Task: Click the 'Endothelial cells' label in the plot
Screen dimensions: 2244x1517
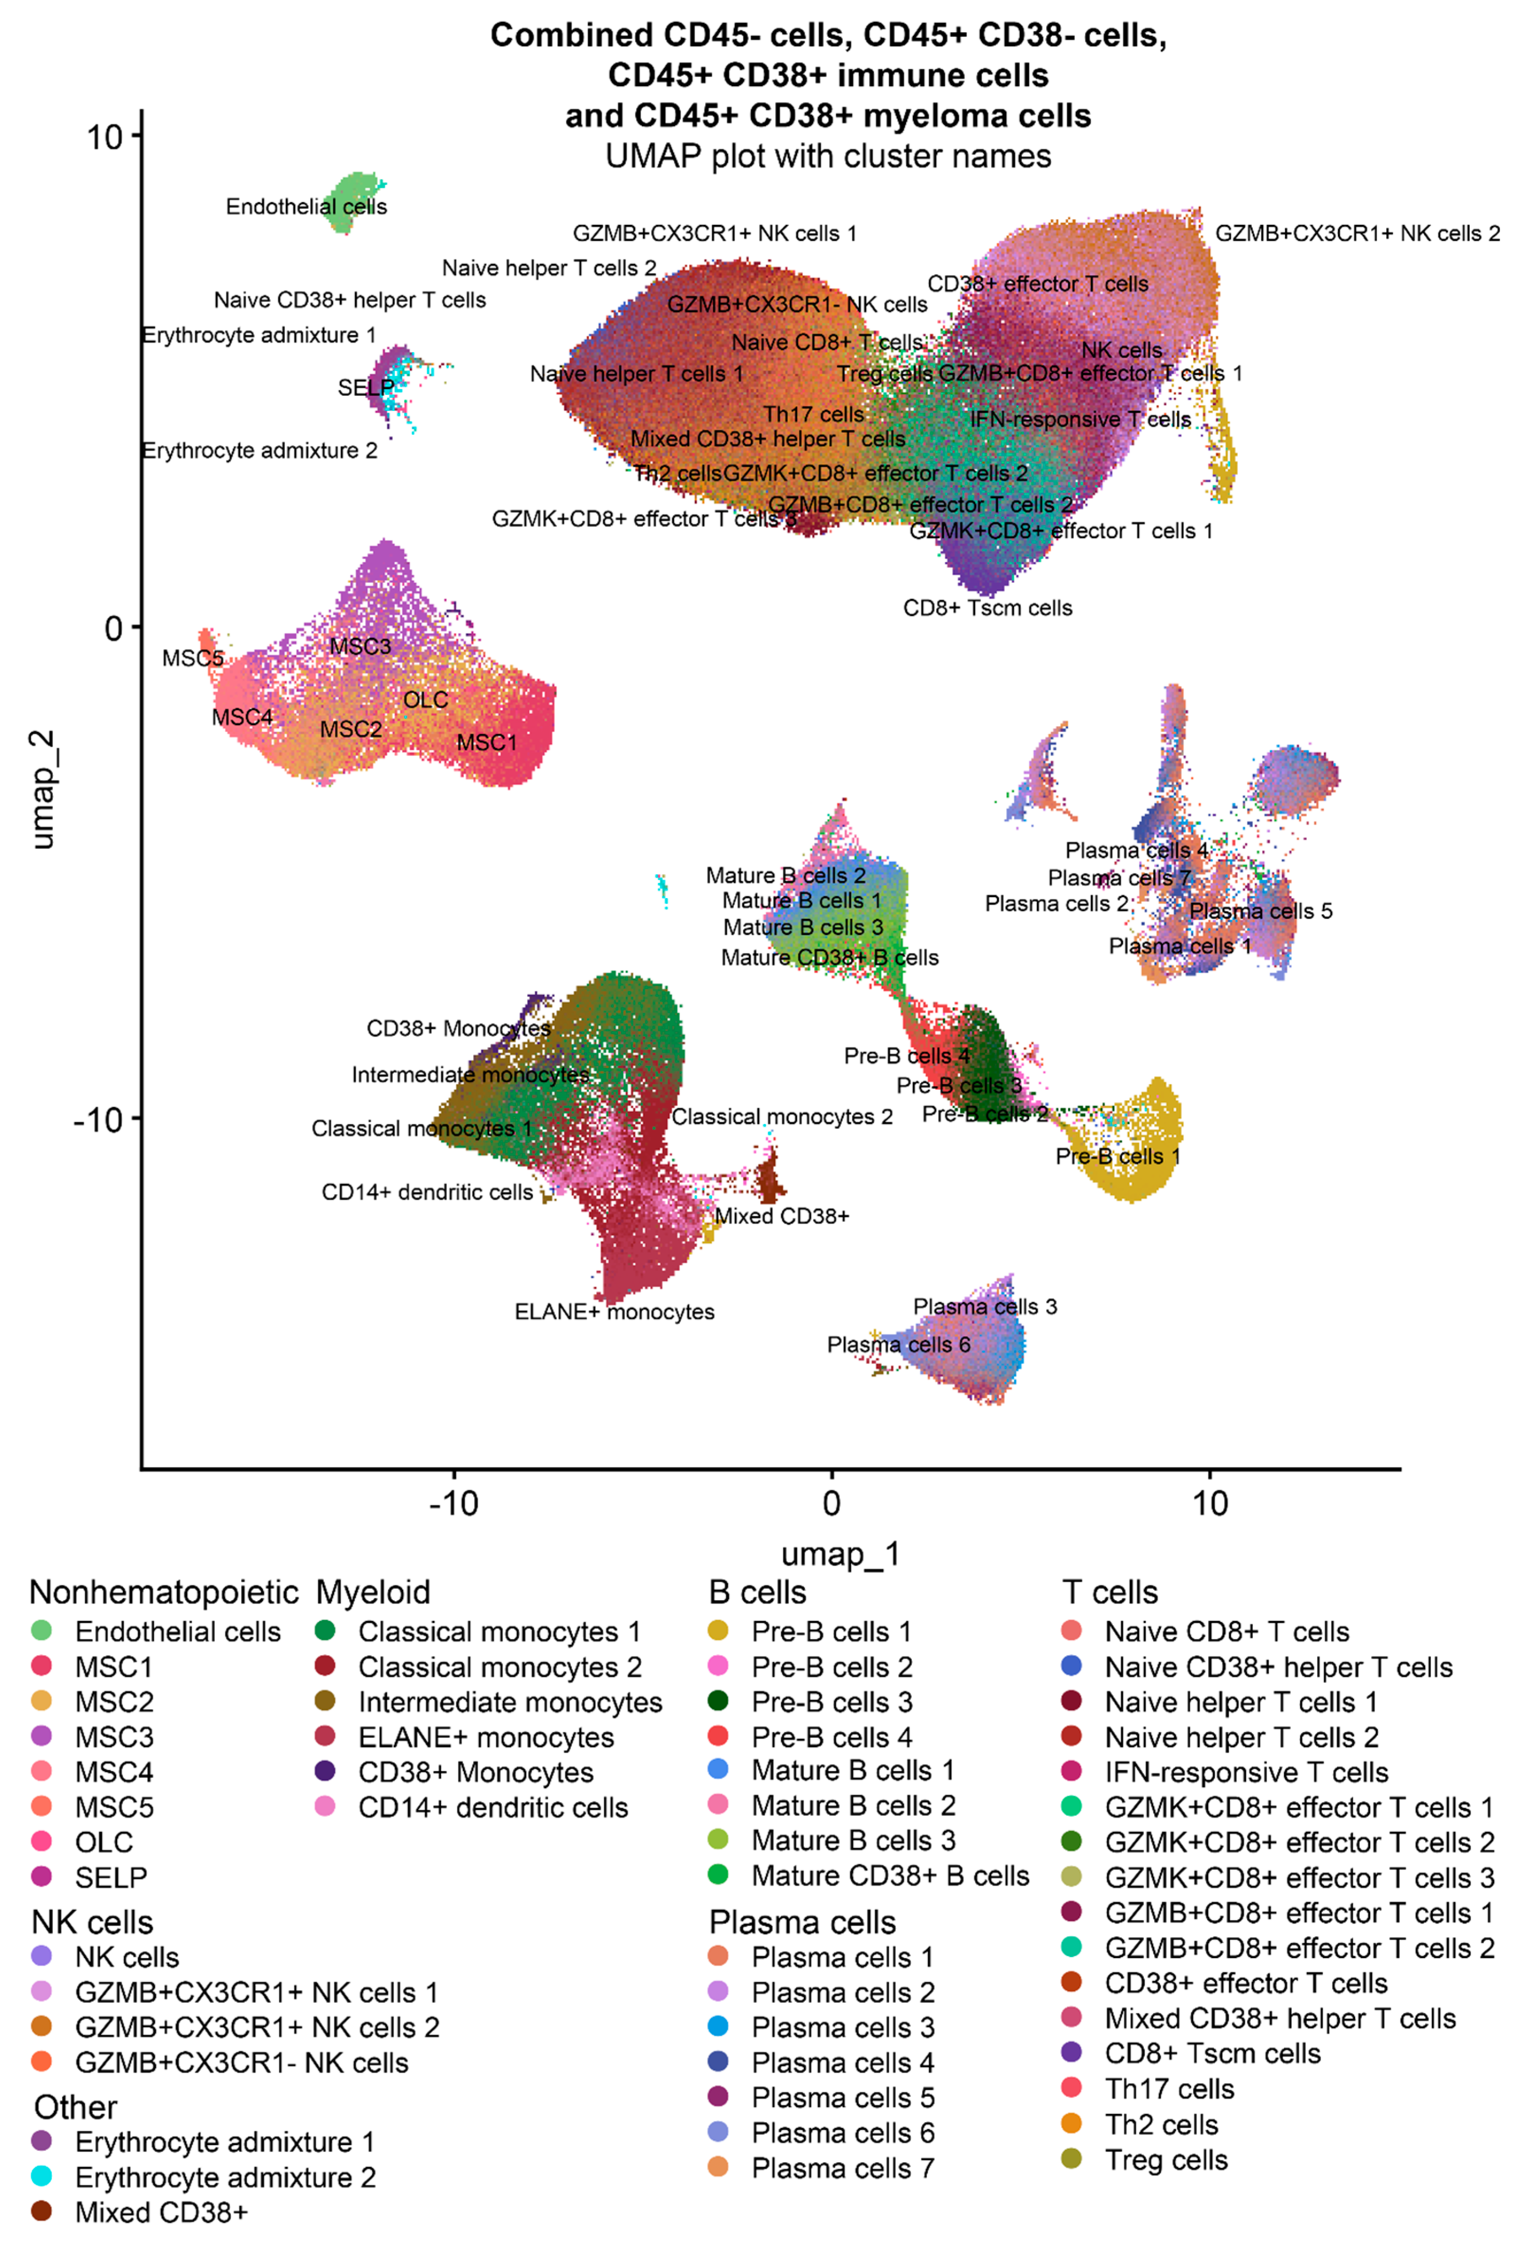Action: click(x=306, y=206)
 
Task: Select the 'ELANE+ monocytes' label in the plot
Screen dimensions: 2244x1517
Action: click(x=614, y=1311)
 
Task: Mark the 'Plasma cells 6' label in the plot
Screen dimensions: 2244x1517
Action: click(x=898, y=1344)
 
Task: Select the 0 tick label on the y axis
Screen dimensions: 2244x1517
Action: click(x=114, y=629)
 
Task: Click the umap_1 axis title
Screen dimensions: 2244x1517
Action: click(x=840, y=1554)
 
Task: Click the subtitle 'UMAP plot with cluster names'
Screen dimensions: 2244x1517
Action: click(x=828, y=156)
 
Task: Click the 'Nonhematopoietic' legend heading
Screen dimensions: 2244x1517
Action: click(x=163, y=1592)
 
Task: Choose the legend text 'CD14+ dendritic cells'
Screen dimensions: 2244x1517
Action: click(x=492, y=1808)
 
